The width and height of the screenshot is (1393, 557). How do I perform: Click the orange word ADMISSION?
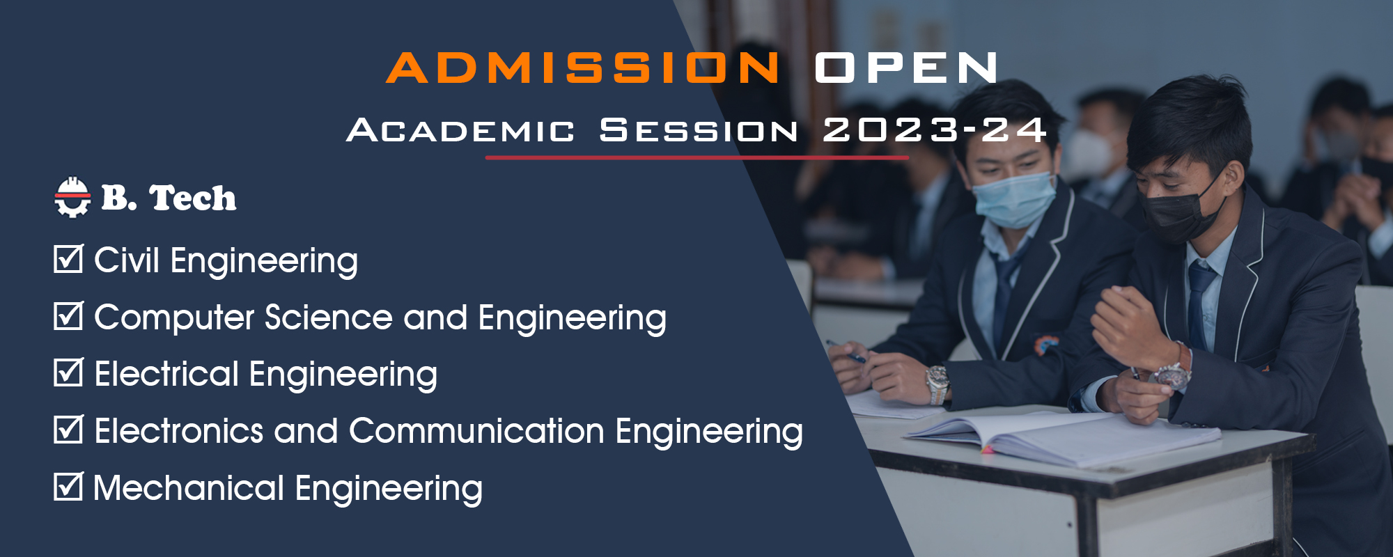(584, 68)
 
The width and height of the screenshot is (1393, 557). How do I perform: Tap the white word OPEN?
(906, 68)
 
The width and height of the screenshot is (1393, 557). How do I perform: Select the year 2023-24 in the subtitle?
(935, 130)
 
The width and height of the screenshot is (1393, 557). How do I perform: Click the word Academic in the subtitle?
(460, 130)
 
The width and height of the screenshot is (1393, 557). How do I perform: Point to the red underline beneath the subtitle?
(697, 158)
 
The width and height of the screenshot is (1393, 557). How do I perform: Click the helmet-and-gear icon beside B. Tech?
(72, 198)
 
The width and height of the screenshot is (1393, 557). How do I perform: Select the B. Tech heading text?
(169, 198)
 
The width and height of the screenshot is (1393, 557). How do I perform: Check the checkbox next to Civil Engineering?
(69, 258)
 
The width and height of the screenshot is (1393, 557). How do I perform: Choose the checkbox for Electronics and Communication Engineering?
(69, 429)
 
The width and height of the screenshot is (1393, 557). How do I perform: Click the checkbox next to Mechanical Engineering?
(69, 486)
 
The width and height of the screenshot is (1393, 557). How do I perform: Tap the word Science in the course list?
(329, 317)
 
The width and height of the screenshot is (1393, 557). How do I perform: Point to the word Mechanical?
(189, 487)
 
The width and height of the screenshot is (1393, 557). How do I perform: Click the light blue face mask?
(1013, 199)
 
